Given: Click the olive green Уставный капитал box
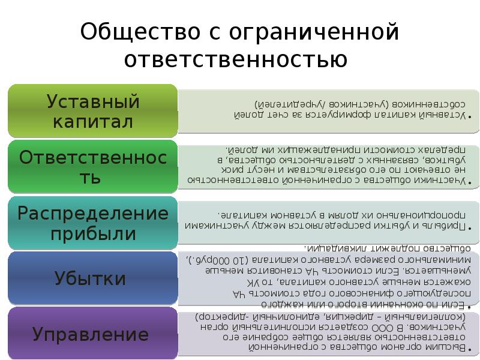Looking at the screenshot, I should (93, 111).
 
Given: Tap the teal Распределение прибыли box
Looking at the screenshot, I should (93, 222).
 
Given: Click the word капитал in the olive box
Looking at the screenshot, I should (93, 122).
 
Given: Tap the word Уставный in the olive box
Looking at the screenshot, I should (93, 101).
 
